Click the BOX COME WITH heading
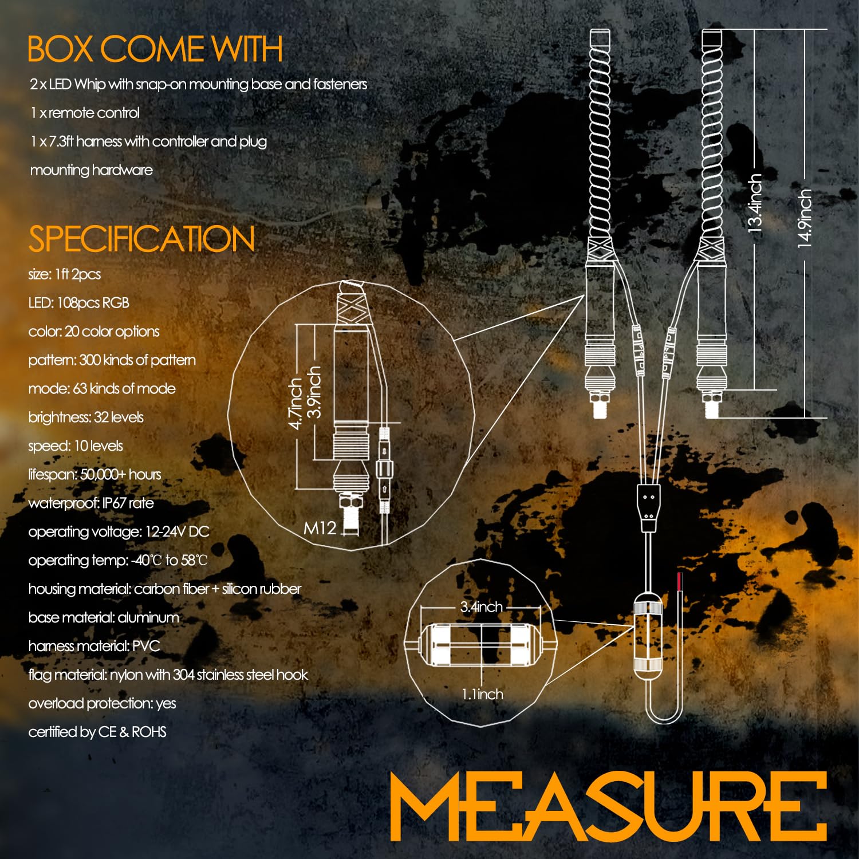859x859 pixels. [155, 49]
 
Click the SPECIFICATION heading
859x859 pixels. [141, 239]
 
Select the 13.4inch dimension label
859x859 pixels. [755, 203]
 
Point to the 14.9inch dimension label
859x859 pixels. [805, 218]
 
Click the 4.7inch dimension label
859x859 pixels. [295, 403]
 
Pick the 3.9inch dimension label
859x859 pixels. [314, 392]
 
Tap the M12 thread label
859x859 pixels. [320, 527]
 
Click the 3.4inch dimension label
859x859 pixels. [482, 607]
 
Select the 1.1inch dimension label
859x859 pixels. [483, 694]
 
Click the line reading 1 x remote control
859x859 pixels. [85, 113]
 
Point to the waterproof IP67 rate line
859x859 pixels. [91, 503]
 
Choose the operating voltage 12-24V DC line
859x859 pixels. [119, 532]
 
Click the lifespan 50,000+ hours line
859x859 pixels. [94, 475]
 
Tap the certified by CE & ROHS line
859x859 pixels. [97, 732]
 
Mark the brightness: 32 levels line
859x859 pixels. [86, 417]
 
